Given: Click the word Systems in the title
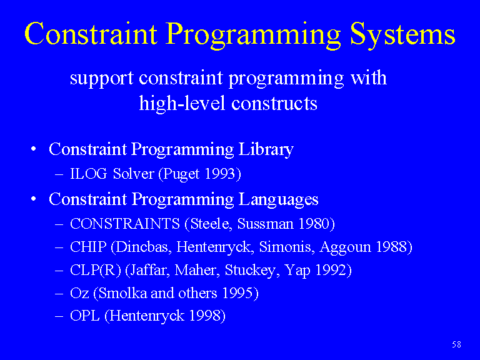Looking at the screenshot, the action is (x=402, y=35).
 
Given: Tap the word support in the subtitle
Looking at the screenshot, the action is (x=102, y=79).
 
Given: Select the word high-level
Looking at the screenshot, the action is (x=182, y=103).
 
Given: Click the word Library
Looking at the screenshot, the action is (x=266, y=150).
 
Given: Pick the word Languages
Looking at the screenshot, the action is (x=278, y=200).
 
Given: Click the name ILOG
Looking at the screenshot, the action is (x=89, y=174).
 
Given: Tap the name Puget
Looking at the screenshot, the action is (x=179, y=174).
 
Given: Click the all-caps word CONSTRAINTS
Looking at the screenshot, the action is (x=125, y=224).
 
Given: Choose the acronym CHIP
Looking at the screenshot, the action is (x=88, y=247).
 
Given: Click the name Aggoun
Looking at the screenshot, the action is (x=345, y=247).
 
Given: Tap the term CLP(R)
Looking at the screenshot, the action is (x=96, y=270).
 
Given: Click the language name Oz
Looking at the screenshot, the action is (x=79, y=293).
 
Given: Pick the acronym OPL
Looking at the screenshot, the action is (x=85, y=316).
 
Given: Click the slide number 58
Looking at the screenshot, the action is (x=456, y=345).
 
